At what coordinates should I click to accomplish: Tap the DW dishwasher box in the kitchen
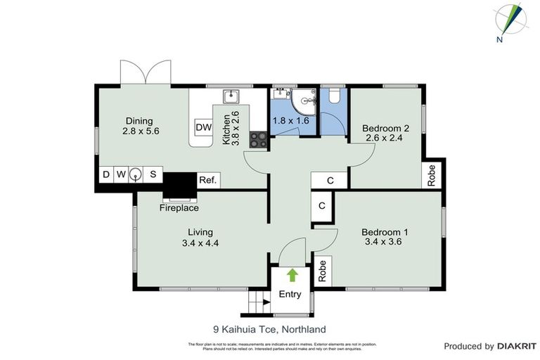(x=203, y=127)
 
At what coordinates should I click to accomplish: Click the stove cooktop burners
(x=259, y=139)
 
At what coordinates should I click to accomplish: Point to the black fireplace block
(x=180, y=187)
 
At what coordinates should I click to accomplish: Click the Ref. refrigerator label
(x=207, y=180)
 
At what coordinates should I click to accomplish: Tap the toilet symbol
(x=334, y=95)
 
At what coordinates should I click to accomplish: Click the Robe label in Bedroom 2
(x=432, y=176)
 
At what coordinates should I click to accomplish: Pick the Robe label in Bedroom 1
(x=323, y=271)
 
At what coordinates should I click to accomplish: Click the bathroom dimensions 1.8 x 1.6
(x=291, y=120)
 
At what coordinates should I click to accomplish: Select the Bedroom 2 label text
(x=385, y=128)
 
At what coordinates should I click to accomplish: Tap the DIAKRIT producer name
(x=516, y=346)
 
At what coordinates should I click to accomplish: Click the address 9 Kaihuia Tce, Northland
(x=269, y=328)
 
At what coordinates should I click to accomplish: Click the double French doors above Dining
(x=146, y=72)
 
